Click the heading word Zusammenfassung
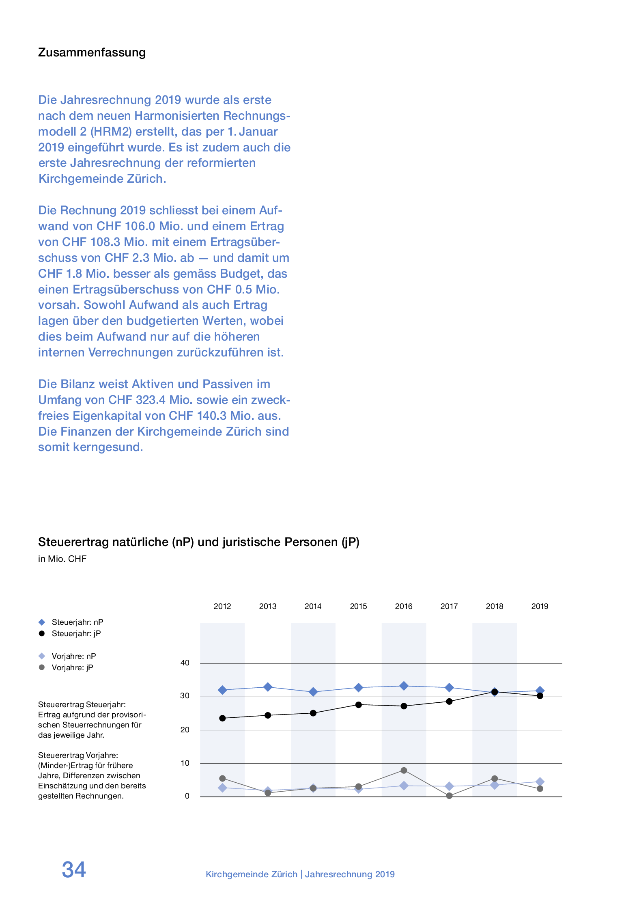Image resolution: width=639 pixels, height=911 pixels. [92, 53]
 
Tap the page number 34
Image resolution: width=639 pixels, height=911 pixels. [74, 870]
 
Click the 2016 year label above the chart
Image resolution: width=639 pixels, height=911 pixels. [403, 606]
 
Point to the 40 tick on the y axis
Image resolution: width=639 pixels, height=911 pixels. [185, 663]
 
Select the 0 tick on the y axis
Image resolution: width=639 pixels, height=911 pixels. [187, 796]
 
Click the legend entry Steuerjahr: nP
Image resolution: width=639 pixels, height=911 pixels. [77, 622]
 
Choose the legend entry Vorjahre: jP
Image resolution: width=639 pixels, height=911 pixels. [72, 667]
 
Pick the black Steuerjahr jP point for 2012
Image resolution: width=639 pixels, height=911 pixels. [222, 718]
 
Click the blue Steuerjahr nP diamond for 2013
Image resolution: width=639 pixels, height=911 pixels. [268, 687]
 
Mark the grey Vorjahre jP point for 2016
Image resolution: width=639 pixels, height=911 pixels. [404, 770]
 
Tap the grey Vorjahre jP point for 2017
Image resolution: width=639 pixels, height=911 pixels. [449, 796]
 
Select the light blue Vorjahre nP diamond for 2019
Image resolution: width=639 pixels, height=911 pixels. [540, 781]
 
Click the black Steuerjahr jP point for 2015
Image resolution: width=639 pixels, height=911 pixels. [359, 705]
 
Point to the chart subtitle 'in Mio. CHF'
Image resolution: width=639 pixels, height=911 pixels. [62, 559]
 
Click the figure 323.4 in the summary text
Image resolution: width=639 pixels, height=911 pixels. [151, 400]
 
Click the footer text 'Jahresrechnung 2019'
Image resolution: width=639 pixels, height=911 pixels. [350, 874]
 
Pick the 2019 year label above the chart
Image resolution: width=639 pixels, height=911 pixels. [540, 606]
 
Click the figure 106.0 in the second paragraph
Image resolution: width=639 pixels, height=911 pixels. [140, 226]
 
